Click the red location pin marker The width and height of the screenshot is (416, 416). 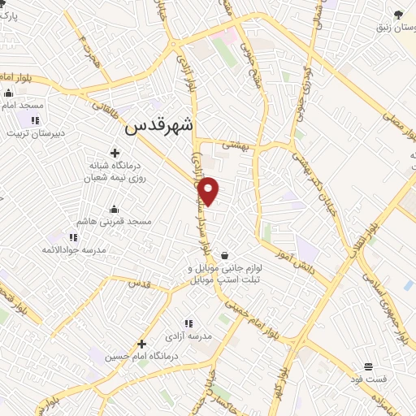click(x=209, y=191)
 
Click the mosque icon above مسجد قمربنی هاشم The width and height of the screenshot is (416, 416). click(x=112, y=209)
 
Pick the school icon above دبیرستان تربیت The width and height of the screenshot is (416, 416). click(x=35, y=121)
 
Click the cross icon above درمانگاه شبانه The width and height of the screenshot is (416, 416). click(x=114, y=153)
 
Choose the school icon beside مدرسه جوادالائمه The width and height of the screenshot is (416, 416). click(x=73, y=237)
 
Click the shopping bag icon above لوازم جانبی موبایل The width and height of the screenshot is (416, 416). click(x=223, y=255)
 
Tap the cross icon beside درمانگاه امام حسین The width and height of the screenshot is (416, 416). click(x=141, y=344)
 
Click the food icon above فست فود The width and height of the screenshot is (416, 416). click(x=368, y=366)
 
